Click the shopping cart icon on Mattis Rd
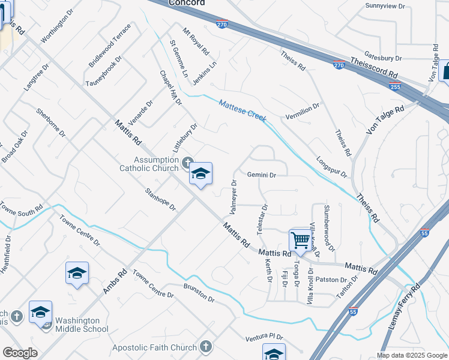300,240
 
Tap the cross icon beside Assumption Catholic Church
187,163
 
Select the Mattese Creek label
243,110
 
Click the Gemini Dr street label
261,175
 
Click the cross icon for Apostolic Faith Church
206,347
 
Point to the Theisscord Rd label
375,67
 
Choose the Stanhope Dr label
160,200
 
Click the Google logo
20,353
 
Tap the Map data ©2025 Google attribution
412,355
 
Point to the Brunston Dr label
199,293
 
